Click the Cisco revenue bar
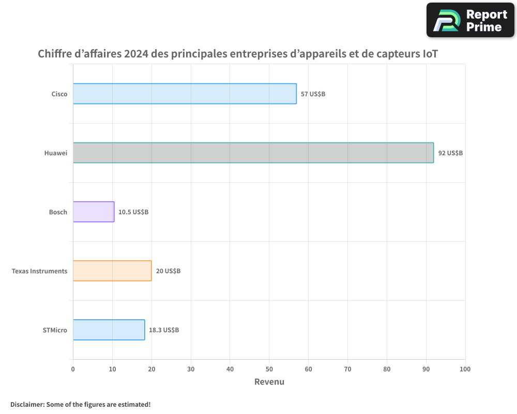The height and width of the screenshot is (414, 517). (x=185, y=94)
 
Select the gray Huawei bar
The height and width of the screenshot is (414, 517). (x=253, y=153)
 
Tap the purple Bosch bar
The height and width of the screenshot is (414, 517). (x=94, y=212)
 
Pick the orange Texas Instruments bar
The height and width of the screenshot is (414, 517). (x=112, y=271)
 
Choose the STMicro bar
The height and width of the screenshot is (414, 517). (x=109, y=330)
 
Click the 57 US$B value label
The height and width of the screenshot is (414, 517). (x=313, y=94)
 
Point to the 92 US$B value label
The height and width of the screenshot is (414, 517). (x=450, y=153)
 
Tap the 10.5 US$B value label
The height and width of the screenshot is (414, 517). (x=133, y=212)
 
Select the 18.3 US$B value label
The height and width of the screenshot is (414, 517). (x=164, y=330)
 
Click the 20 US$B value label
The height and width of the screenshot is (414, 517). (x=168, y=271)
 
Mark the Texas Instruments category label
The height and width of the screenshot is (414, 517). (x=39, y=271)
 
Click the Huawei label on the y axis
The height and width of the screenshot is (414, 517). (x=56, y=153)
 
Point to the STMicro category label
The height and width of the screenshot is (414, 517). (x=55, y=330)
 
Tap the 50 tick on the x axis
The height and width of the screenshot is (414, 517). (x=269, y=369)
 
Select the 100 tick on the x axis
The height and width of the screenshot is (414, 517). (x=465, y=369)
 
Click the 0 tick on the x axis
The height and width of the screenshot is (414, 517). (x=73, y=369)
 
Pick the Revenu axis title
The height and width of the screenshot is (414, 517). (x=269, y=382)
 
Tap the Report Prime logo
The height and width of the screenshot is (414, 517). (x=470, y=20)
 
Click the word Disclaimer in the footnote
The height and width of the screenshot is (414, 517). (x=26, y=404)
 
